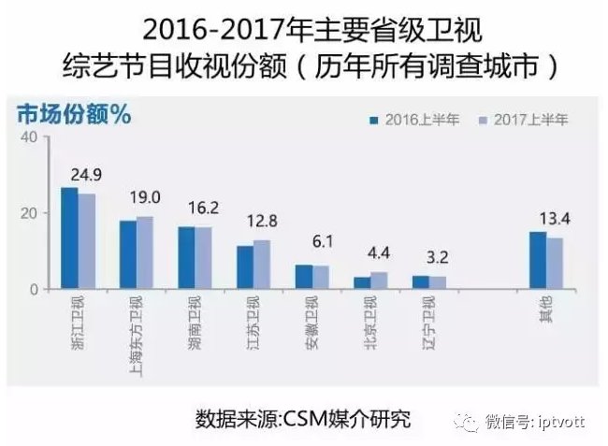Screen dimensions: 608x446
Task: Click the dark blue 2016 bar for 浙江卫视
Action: pos(70,237)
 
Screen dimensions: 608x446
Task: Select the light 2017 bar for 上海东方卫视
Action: pos(145,252)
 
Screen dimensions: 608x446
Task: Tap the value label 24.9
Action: pos(86,175)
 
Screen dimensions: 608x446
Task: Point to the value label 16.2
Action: pos(203,209)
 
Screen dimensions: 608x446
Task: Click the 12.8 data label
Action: pos(262,222)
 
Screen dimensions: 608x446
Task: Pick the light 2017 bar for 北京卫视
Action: pos(379,281)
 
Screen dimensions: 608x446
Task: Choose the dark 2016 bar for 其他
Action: pos(538,260)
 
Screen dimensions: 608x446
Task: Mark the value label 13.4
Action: pos(555,220)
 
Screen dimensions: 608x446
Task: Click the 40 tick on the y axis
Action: pos(29,137)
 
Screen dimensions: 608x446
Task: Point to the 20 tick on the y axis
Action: pos(29,213)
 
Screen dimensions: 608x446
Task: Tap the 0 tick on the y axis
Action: pos(34,290)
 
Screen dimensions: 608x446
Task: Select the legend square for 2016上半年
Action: pos(374,121)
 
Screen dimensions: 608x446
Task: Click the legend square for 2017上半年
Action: pos(483,121)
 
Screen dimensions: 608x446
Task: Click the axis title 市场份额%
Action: pos(74,115)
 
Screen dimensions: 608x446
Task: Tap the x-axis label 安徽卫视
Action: pos(311,323)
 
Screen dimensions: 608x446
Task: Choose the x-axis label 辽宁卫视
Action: pos(428,323)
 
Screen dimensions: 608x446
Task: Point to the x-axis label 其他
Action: pos(546,309)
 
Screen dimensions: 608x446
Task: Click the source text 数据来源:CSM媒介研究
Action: pos(303,419)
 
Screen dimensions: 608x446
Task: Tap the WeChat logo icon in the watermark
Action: pos(467,422)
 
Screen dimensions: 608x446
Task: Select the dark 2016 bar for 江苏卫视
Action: pos(245,267)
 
